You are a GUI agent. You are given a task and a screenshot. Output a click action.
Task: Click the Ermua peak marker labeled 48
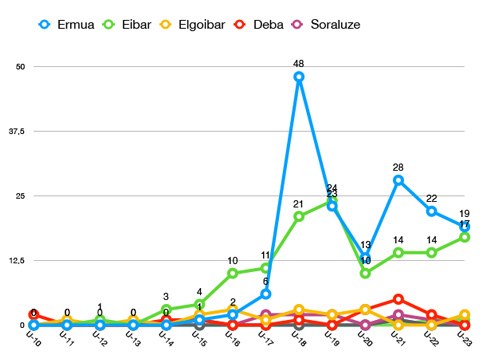[x=298, y=77]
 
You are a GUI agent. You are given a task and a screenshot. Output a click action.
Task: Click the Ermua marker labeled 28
[x=398, y=180]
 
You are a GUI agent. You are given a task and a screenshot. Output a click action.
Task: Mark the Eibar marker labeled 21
[x=298, y=216]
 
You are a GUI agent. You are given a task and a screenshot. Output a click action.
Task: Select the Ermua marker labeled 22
[x=431, y=211]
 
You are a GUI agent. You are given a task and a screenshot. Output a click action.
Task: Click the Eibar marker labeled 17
[x=464, y=237]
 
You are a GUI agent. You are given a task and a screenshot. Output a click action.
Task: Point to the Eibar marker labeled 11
[x=265, y=268]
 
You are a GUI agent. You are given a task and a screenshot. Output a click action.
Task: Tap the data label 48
[x=298, y=64]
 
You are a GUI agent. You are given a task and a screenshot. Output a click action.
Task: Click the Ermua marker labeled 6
[x=265, y=294]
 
